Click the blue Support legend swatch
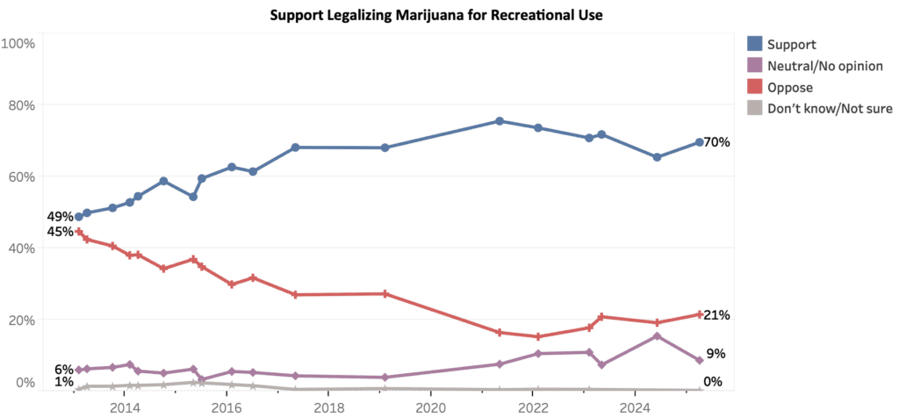coord(754,44)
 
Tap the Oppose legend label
coord(789,88)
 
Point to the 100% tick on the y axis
coord(18,43)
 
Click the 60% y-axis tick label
coord(20,177)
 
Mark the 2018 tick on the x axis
coord(328,407)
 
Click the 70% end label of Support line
coord(717,142)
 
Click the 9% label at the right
coord(715,354)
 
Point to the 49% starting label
coord(60,217)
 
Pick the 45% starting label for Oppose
coord(60,232)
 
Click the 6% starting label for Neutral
coord(63,370)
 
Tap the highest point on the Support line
coord(500,121)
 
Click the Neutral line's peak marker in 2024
coord(657,336)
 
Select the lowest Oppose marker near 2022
coord(538,336)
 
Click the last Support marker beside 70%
coord(699,142)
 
